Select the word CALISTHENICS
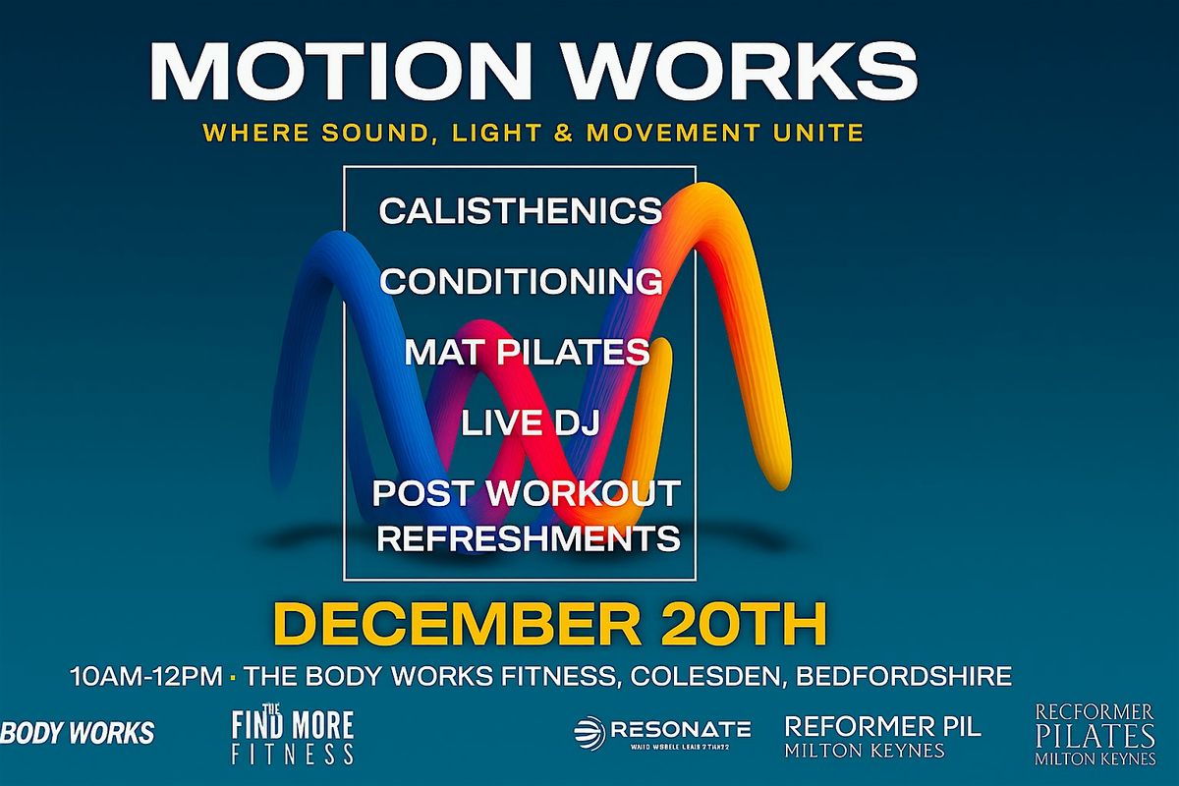[x=521, y=210]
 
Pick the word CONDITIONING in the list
[x=521, y=282]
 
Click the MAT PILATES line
[x=527, y=353]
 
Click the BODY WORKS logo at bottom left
[x=78, y=733]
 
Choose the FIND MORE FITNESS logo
[x=292, y=737]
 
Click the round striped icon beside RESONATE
[x=589, y=732]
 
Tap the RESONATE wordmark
[x=680, y=729]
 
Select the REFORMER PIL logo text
[x=882, y=728]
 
